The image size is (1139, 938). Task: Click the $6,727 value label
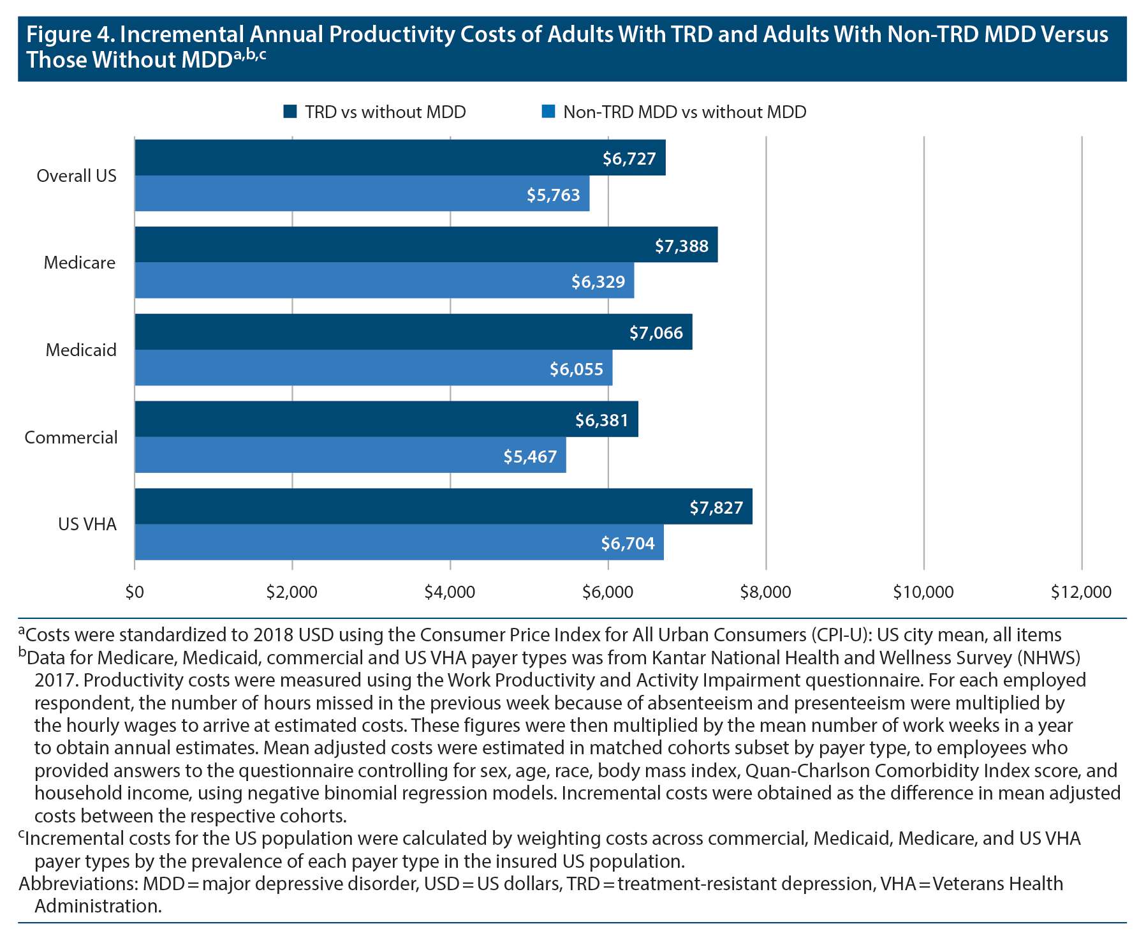629,158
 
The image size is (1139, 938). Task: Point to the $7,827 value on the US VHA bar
716,507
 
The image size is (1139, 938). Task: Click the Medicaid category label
81,350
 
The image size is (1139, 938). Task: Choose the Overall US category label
77,175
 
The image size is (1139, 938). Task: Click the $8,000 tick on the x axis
765,592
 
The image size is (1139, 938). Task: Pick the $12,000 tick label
1081,592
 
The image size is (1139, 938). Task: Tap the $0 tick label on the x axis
135,592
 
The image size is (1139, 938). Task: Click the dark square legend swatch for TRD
290,112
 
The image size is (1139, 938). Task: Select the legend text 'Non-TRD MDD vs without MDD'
684,112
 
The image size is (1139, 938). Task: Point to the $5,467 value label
530,456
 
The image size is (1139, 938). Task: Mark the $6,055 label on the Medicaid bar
577,369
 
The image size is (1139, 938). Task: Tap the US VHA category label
87,524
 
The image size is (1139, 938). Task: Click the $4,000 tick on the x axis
450,592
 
